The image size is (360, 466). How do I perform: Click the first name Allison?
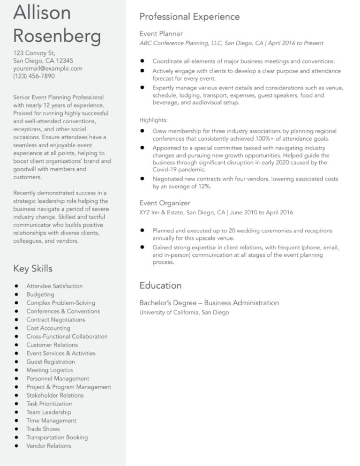click(42, 12)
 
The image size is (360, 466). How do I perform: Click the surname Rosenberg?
click(57, 36)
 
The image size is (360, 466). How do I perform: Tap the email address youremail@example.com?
click(48, 68)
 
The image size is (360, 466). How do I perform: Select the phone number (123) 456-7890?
click(34, 76)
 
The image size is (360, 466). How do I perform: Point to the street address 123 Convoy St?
click(35, 53)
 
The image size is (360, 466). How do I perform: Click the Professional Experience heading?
click(189, 17)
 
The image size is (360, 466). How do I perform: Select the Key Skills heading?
click(33, 269)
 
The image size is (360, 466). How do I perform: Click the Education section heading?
click(160, 285)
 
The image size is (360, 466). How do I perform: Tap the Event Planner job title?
click(161, 34)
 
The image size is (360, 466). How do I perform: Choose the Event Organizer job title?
click(165, 203)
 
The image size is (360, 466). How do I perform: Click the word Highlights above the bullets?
click(153, 120)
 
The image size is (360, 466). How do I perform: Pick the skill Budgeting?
click(40, 294)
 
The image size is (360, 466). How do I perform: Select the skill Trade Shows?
click(43, 429)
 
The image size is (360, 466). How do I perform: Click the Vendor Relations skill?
click(49, 446)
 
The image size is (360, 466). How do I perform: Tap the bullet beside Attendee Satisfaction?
click(16, 286)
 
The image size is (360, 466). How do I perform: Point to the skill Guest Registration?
click(51, 362)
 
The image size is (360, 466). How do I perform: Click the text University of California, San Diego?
click(184, 312)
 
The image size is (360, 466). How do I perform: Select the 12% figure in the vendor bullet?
click(203, 187)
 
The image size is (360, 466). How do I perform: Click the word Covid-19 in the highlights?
click(165, 170)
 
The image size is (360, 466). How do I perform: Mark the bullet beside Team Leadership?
click(16, 412)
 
